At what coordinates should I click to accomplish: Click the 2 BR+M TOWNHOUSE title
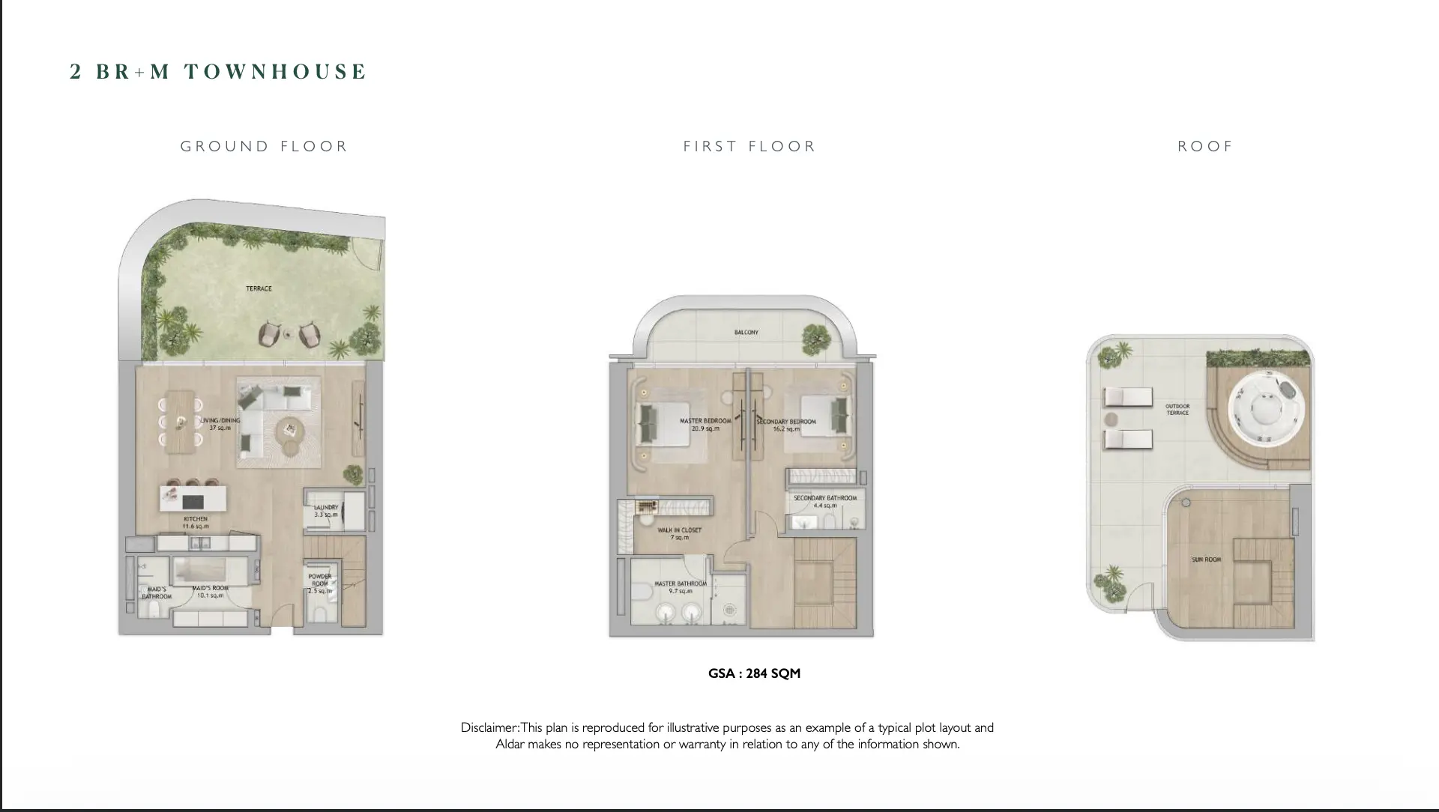pos(218,72)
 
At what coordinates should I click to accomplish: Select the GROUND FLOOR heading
pos(264,146)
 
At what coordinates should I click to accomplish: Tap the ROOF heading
pos(1204,146)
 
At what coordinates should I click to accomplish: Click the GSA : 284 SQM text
pos(754,673)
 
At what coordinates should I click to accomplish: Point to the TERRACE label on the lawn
pos(259,288)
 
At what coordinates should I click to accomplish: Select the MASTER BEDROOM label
pos(705,422)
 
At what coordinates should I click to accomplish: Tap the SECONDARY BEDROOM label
pos(786,422)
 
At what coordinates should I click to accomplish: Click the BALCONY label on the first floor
pos(746,333)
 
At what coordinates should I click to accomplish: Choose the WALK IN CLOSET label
pos(679,530)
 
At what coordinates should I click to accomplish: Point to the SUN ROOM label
pos(1206,560)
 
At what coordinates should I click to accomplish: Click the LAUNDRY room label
pos(326,508)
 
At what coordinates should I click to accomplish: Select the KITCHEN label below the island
pos(196,519)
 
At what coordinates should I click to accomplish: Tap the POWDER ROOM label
pos(319,580)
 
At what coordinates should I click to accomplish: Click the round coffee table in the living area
pos(288,431)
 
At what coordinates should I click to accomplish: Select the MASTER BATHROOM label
pos(681,584)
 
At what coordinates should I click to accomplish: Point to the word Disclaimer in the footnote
pos(489,727)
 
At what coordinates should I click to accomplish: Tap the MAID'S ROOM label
pos(210,589)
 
